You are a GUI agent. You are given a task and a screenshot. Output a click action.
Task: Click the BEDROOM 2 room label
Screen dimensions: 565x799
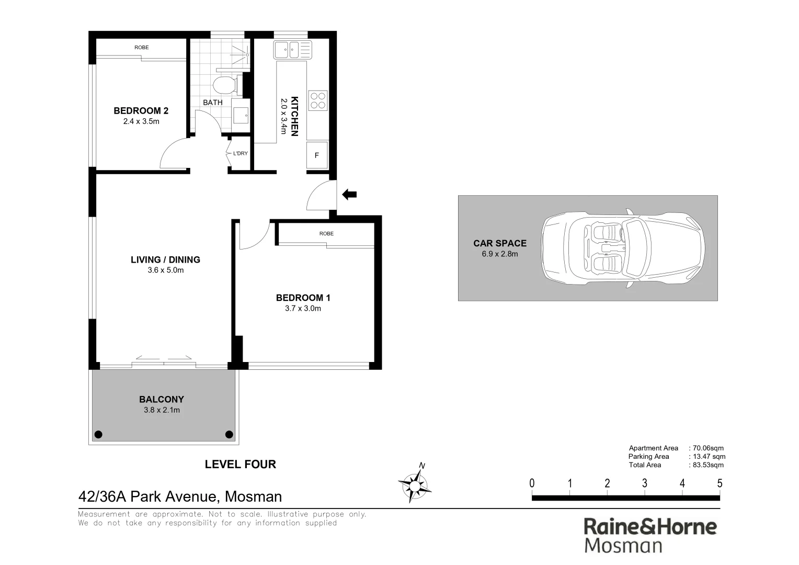(x=141, y=110)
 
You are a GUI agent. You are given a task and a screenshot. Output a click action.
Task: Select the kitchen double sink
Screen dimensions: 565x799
(x=292, y=50)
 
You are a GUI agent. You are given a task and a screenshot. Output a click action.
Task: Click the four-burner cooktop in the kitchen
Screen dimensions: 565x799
(x=317, y=100)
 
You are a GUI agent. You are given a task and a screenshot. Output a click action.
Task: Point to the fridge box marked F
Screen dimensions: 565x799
(x=316, y=155)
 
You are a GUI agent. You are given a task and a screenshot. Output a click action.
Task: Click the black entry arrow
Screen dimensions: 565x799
(x=349, y=195)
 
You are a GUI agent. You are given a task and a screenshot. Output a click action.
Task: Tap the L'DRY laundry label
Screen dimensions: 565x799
(x=241, y=153)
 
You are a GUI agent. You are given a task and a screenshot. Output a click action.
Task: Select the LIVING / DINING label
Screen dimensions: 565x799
(x=165, y=259)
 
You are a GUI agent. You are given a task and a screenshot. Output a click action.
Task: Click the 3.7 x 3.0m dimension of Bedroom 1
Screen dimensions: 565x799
(x=303, y=308)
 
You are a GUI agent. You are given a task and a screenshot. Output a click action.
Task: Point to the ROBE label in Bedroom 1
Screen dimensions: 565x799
(x=326, y=233)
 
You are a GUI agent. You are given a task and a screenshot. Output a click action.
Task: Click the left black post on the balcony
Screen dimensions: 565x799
(x=98, y=434)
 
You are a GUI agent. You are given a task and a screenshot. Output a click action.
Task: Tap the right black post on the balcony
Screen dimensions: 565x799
(x=229, y=434)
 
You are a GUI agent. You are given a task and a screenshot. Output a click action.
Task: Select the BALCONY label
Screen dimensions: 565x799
(x=162, y=399)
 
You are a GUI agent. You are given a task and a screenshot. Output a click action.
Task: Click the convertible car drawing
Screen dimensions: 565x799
(x=622, y=248)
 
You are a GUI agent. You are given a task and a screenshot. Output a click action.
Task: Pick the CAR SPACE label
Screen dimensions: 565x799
(x=499, y=243)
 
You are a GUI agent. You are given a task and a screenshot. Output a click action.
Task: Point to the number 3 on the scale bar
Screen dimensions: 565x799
(x=644, y=483)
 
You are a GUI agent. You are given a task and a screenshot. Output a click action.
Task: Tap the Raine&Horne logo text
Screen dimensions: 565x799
(x=650, y=526)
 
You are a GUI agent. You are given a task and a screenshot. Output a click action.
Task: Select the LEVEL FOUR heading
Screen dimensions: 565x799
(x=240, y=464)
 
